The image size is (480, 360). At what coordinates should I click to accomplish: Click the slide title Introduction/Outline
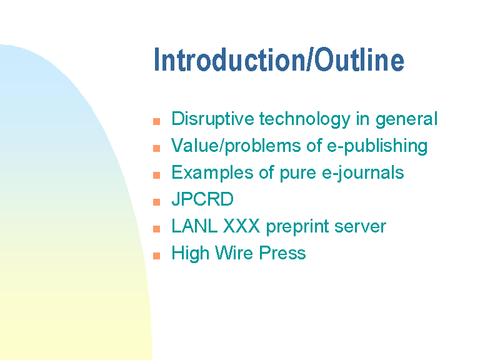[279, 60]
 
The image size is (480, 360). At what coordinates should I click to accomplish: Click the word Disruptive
[212, 119]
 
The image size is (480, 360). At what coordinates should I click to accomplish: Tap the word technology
[305, 119]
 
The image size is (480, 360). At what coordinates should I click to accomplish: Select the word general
[406, 119]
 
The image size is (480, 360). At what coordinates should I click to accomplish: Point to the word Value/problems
[236, 146]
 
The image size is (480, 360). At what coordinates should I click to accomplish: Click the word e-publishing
[377, 146]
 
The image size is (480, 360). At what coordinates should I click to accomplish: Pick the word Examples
[212, 172]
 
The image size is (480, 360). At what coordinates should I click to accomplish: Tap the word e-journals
[362, 172]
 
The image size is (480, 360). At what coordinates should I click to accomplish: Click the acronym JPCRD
[202, 199]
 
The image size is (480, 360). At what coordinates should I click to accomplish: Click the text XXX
[241, 226]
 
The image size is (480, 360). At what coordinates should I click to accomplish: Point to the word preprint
[297, 227]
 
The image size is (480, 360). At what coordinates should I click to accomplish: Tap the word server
[360, 227]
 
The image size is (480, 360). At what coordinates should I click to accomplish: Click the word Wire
[234, 253]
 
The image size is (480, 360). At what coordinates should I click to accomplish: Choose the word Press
[282, 253]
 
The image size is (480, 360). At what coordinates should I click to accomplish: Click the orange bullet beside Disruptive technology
[156, 121]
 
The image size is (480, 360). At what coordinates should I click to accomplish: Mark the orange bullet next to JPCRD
[156, 202]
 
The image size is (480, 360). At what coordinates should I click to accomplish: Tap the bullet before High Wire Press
[156, 256]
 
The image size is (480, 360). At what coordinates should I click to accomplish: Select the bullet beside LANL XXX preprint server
[156, 229]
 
